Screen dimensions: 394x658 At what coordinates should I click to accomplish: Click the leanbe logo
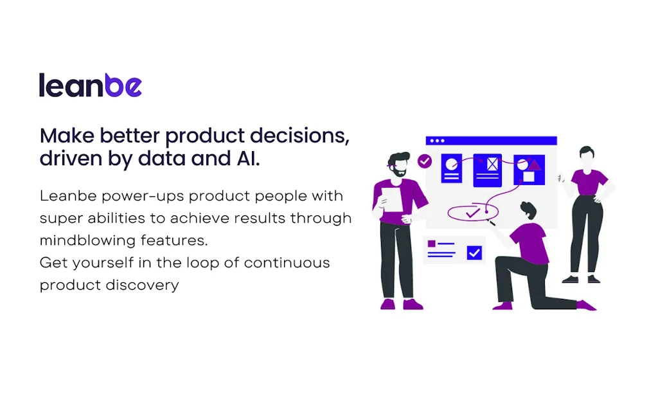click(x=90, y=85)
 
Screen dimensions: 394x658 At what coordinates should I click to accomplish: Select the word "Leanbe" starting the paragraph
click(x=67, y=195)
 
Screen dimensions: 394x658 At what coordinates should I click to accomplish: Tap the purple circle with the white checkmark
click(x=424, y=161)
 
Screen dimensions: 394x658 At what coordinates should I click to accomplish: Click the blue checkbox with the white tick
click(x=474, y=253)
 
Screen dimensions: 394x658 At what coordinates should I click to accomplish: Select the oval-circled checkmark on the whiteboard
click(x=473, y=211)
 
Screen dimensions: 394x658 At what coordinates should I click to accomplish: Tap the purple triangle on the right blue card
click(x=534, y=165)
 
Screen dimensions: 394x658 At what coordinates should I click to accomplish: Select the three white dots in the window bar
click(x=437, y=141)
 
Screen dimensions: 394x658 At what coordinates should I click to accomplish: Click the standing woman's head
click(x=587, y=155)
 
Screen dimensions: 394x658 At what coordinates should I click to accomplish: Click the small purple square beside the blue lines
click(x=432, y=244)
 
